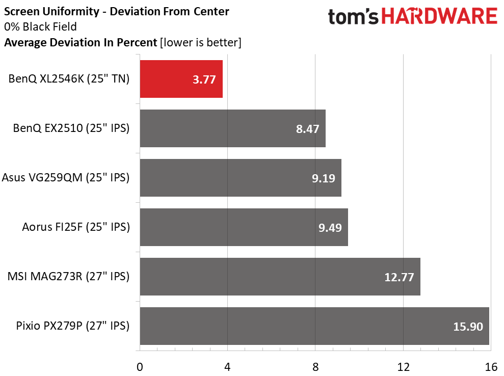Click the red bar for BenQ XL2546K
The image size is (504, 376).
[x=181, y=79]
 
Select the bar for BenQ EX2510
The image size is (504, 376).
[x=232, y=128]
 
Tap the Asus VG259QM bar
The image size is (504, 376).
[x=240, y=178]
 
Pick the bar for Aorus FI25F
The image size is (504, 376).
[x=244, y=227]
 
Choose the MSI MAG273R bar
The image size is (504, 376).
[x=279, y=277]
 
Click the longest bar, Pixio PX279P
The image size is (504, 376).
[x=313, y=326]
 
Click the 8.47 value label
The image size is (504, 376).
[x=307, y=129]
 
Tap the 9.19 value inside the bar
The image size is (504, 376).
[x=323, y=178]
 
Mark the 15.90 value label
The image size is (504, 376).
[x=467, y=327]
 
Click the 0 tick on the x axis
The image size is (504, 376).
[x=140, y=366]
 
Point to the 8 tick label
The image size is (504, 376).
[x=315, y=366]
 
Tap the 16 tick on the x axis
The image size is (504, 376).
[x=491, y=366]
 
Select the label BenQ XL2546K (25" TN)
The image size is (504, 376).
[x=69, y=79]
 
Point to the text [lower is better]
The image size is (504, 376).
[x=200, y=42]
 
